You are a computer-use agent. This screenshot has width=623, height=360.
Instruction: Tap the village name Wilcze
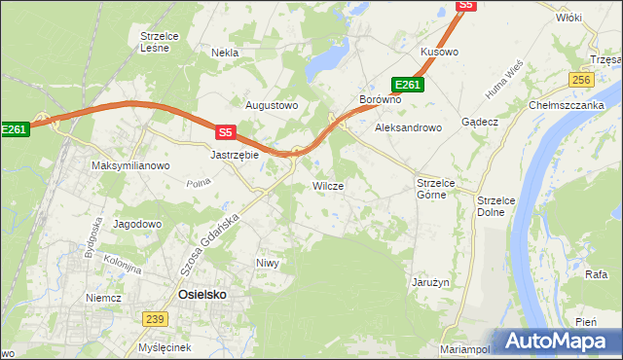tap(327, 185)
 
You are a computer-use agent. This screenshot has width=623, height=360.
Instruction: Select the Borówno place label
tap(381, 100)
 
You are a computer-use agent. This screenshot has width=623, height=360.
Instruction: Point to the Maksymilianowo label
tap(130, 165)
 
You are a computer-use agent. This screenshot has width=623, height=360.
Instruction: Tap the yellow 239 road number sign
tap(154, 318)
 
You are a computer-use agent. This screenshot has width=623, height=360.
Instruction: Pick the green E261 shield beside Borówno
tap(408, 85)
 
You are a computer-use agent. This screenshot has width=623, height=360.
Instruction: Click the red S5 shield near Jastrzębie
tap(226, 131)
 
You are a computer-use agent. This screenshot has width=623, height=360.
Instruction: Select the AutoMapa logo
tap(556, 342)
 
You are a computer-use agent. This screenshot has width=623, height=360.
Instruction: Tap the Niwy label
tap(268, 263)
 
